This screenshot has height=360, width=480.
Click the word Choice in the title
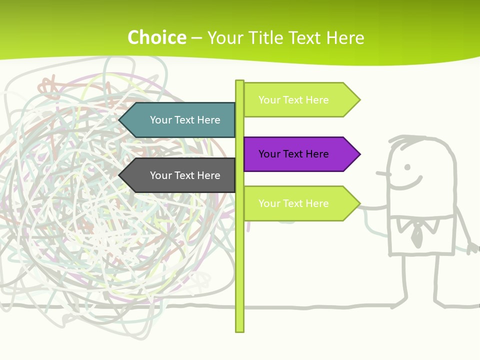156,37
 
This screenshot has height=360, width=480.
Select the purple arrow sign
300,154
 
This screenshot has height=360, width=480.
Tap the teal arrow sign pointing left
180,120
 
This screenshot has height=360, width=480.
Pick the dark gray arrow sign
180,175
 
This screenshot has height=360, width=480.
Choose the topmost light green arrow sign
300,100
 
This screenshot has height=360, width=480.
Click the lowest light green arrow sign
300,203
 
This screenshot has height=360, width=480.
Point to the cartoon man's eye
407,167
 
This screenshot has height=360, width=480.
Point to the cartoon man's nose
382,174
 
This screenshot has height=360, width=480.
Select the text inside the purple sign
293,154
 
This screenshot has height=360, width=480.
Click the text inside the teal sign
185,120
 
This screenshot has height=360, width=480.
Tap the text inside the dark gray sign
185,175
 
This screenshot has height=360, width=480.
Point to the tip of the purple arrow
359,154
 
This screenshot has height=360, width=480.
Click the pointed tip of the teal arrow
120,120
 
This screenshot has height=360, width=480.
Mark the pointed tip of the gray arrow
120,175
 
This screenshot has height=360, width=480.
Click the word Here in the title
345,38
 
